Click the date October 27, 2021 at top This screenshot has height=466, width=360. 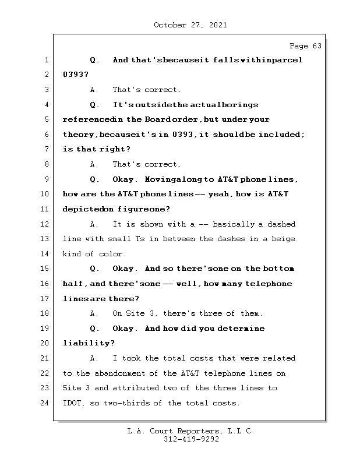190,25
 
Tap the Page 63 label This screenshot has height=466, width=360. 305,46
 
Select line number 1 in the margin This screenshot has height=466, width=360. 46,61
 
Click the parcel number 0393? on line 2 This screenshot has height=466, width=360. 75,75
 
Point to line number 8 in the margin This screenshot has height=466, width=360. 46,165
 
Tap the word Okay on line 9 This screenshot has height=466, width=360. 124,179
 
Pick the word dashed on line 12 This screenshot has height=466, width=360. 281,224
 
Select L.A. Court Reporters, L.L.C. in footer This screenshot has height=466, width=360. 190,432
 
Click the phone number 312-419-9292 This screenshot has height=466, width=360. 190,440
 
